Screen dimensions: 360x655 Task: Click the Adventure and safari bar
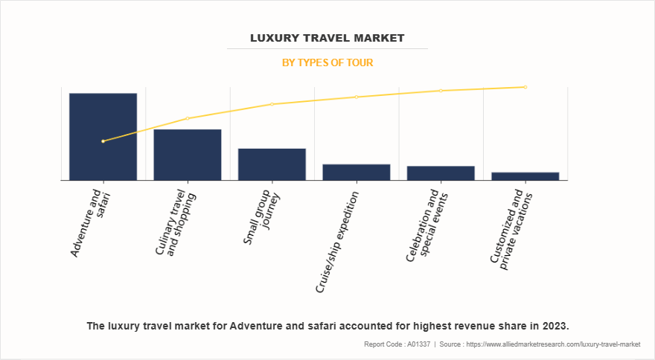103,137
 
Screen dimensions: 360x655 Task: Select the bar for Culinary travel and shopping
188,155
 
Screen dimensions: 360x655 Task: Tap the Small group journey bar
272,164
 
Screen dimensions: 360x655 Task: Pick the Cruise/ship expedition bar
357,172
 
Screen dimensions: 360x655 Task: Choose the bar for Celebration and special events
441,173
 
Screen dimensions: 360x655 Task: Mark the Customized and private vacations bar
525,176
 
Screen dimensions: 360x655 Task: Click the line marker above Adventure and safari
103,141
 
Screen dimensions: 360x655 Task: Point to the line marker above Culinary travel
188,118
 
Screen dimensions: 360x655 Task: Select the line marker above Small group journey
272,104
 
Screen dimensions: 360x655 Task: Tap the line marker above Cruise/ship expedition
357,97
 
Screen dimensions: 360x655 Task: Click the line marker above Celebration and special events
441,91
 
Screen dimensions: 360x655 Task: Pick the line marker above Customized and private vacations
525,87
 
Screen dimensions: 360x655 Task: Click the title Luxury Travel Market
327,38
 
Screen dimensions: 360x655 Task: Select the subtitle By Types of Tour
327,63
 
